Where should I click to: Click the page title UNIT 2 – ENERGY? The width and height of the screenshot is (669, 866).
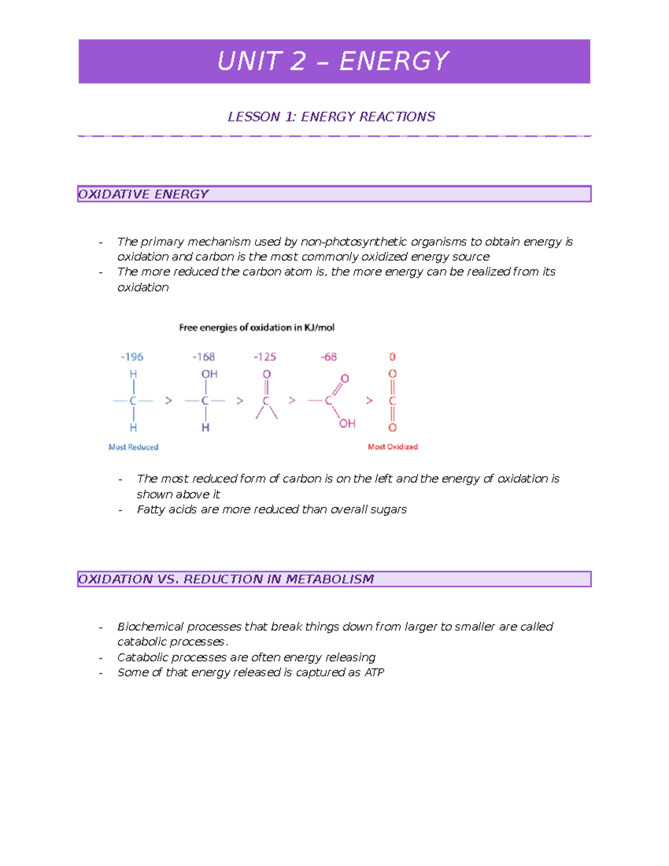[333, 61]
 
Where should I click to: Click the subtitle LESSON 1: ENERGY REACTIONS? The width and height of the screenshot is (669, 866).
[331, 117]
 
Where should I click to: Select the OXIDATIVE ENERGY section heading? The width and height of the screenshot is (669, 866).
[143, 194]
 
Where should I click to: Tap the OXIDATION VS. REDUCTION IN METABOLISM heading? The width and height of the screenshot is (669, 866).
[226, 579]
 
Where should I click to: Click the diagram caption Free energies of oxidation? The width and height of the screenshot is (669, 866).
[256, 327]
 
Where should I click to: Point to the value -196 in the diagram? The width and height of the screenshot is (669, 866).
[132, 357]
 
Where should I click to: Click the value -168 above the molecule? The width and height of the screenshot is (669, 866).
[203, 357]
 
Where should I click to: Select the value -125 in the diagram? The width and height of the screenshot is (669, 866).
[265, 357]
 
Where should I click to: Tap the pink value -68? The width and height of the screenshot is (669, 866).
[328, 357]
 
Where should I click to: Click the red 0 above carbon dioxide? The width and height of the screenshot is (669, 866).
[392, 357]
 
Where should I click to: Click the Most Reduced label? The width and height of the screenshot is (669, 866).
[133, 447]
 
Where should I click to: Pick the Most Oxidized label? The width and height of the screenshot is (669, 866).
[392, 447]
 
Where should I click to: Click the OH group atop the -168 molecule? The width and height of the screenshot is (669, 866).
[209, 374]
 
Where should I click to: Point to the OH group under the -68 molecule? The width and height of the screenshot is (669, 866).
[347, 424]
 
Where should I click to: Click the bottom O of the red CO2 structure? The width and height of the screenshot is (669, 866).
[392, 428]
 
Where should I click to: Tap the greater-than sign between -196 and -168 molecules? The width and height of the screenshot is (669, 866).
[168, 400]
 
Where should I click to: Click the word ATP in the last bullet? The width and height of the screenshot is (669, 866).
[374, 673]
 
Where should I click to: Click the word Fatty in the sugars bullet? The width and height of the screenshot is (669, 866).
[149, 509]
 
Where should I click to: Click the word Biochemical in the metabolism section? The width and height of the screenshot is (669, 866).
[150, 626]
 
